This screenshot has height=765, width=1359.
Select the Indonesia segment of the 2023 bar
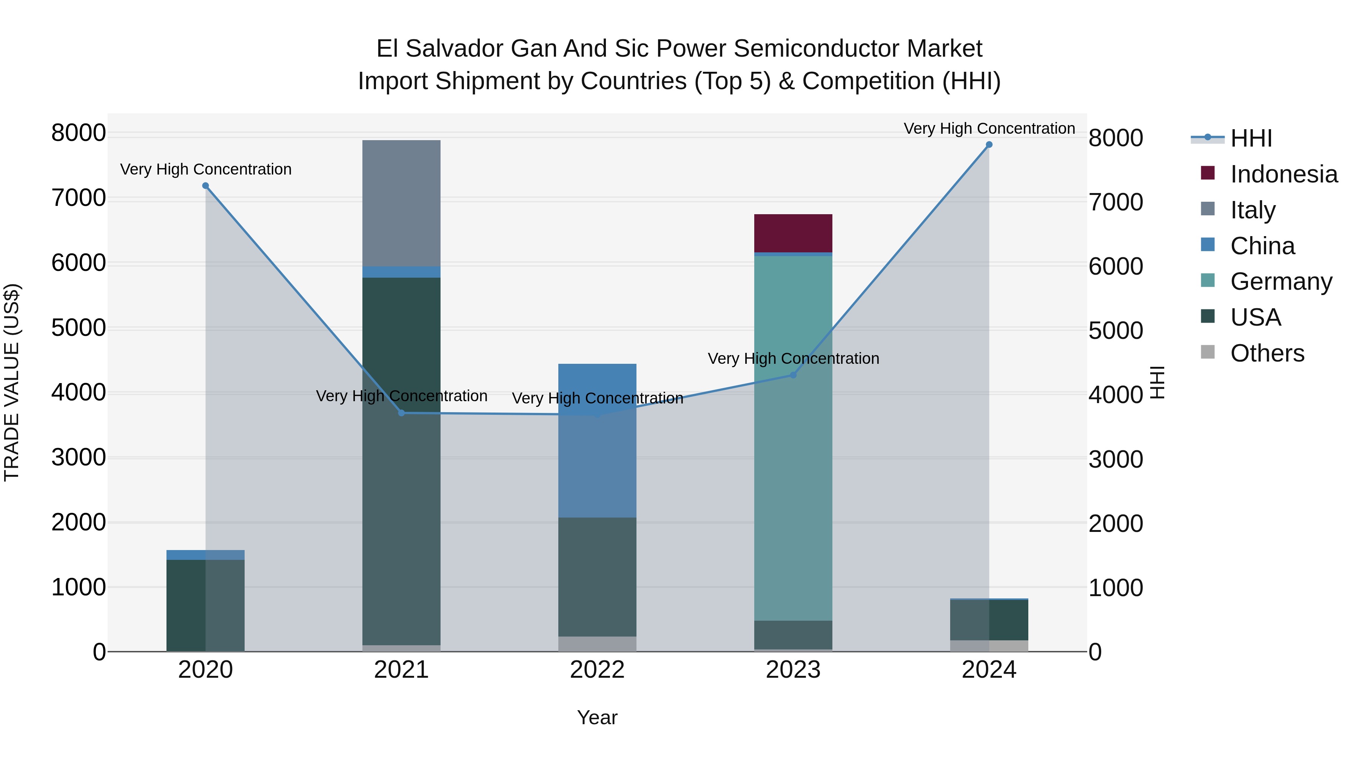tap(793, 233)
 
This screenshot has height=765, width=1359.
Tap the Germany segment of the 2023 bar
tap(793, 438)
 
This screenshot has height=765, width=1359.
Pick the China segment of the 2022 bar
tap(597, 441)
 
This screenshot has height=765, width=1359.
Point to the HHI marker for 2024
tap(989, 145)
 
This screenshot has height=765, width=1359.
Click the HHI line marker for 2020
tap(205, 186)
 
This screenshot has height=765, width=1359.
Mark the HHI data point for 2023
tap(793, 375)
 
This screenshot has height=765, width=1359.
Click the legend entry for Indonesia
tap(1283, 174)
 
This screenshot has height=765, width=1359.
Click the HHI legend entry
tap(1251, 138)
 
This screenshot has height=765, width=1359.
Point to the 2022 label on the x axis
tap(597, 670)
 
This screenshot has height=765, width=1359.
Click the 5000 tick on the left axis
tap(78, 328)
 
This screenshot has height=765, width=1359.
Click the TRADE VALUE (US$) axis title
tap(12, 382)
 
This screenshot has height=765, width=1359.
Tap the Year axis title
tap(597, 717)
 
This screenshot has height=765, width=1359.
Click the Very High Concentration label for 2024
tap(989, 128)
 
